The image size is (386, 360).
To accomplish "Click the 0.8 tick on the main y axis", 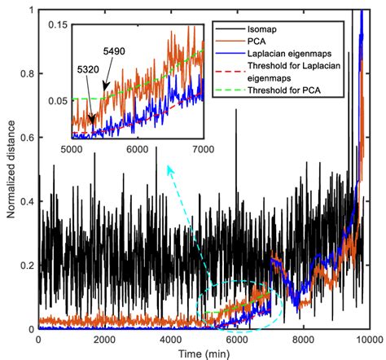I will (x=28, y=73).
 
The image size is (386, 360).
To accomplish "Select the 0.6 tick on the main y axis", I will (x=28, y=138).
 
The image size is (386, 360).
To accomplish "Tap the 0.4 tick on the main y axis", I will (x=28, y=201).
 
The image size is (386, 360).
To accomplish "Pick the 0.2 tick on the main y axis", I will (x=28, y=266).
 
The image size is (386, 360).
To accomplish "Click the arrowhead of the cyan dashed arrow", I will (x=168, y=167).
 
